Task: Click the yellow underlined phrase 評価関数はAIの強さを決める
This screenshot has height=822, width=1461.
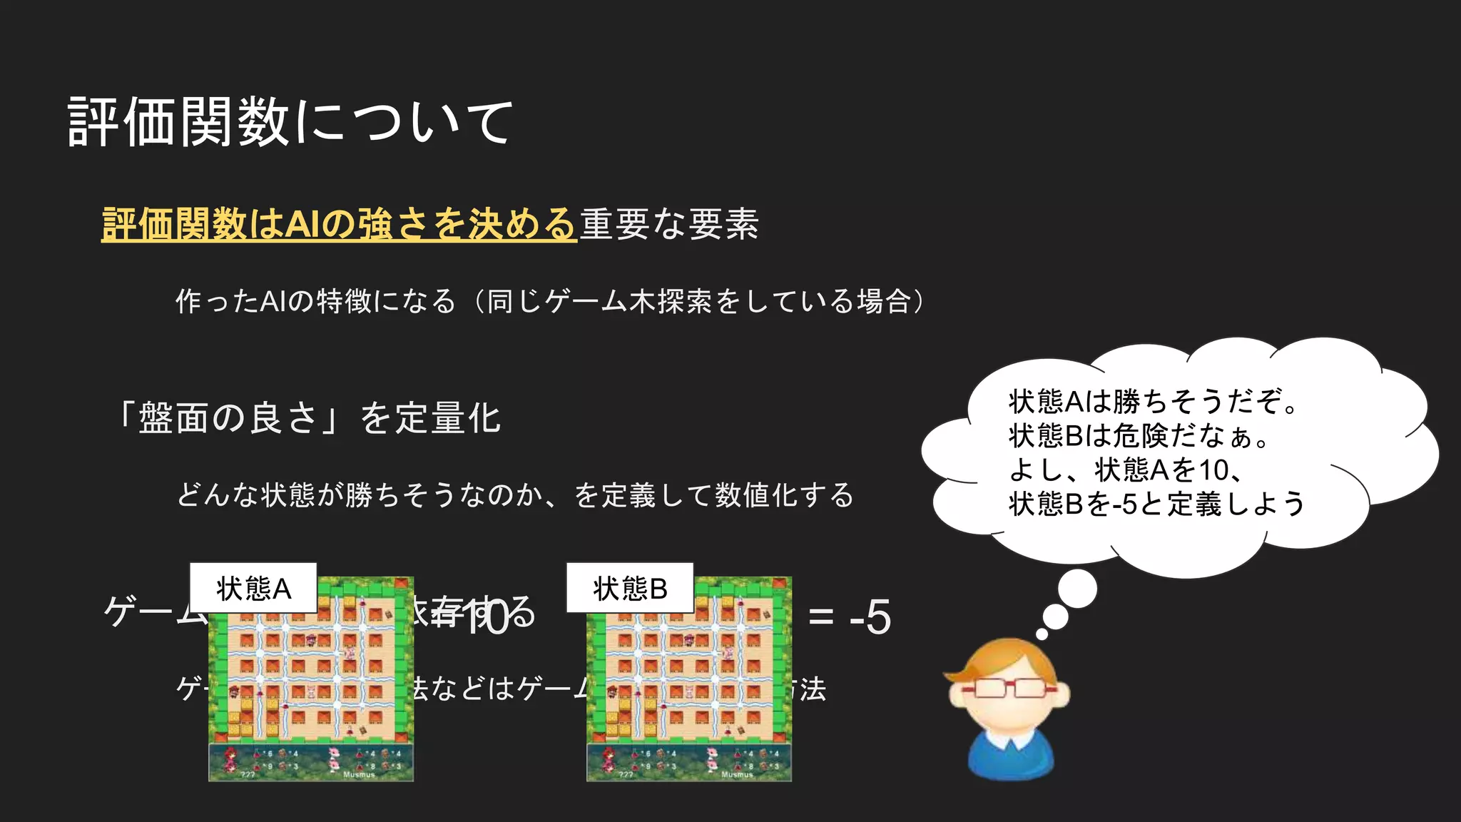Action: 338,224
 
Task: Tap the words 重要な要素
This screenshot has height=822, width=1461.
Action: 669,224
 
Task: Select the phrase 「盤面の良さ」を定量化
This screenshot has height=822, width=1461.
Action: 308,418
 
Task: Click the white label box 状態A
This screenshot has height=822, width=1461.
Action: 253,588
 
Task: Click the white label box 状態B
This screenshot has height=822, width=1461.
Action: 630,588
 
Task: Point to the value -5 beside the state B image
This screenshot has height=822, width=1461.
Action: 870,617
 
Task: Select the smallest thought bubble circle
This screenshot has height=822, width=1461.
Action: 1042,634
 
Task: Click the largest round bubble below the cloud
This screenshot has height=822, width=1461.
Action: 1077,590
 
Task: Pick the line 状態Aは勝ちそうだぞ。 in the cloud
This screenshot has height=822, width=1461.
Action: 1154,401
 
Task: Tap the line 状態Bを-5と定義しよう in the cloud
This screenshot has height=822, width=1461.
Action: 1156,504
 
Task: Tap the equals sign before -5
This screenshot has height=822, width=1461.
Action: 821,618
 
